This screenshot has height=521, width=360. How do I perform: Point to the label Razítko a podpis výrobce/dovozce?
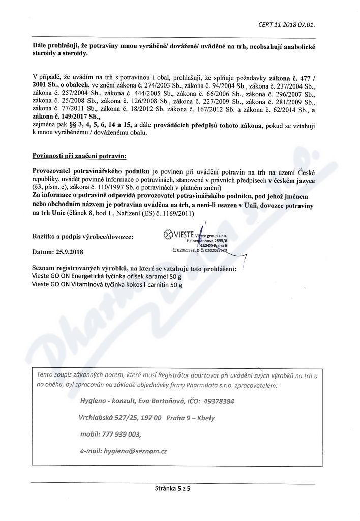pos(83,237)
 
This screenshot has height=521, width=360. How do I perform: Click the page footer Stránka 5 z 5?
pos(176,488)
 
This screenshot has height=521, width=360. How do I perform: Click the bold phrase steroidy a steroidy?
pos(59,53)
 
